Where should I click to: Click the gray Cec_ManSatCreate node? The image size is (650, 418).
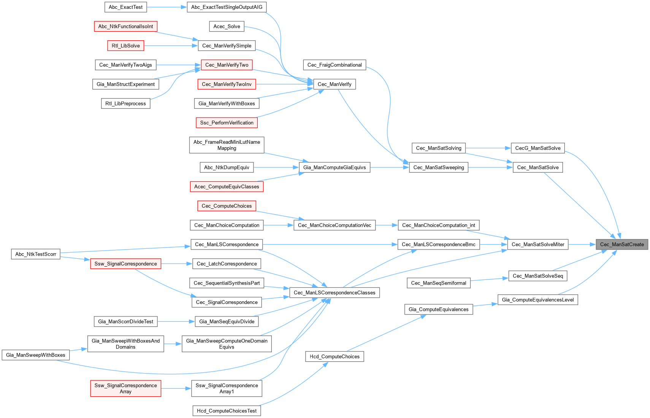[621, 245]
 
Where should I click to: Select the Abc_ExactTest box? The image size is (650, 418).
[126, 7]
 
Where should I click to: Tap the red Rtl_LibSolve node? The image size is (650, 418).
[126, 46]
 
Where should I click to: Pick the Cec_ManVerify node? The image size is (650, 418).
[335, 84]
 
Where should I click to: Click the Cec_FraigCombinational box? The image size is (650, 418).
[335, 65]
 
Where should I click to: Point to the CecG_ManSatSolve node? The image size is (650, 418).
[538, 148]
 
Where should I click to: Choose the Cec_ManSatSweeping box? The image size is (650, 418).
[438, 167]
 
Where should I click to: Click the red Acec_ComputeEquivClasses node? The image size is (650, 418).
[227, 187]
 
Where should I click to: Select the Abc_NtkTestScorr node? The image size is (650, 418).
[36, 254]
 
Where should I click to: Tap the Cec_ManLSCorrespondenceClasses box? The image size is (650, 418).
[335, 292]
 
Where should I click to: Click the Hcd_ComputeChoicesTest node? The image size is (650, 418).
[227, 411]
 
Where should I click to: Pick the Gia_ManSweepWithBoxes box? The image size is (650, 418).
[36, 355]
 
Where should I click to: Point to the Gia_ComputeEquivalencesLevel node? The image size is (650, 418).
[538, 300]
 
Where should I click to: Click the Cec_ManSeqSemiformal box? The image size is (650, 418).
[438, 283]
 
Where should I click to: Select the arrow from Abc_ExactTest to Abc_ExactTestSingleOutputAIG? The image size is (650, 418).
[167, 7]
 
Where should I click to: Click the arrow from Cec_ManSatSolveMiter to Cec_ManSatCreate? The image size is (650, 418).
[582, 245]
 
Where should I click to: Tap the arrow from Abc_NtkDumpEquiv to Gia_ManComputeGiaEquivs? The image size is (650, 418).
[276, 167]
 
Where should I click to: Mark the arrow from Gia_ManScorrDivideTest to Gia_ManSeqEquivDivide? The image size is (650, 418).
[176, 322]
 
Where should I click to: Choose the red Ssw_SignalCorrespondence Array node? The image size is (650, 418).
[126, 388]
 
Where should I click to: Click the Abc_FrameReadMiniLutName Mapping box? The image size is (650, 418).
[227, 145]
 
